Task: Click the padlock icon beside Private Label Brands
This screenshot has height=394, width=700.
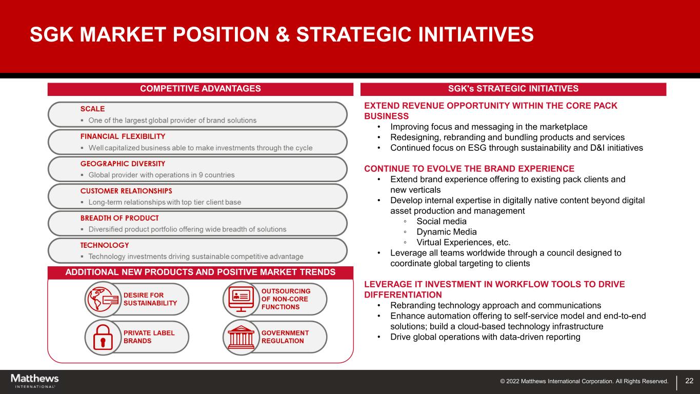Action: click(103, 338)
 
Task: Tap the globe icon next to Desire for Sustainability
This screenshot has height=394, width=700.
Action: click(103, 299)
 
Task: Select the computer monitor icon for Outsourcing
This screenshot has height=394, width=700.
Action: click(241, 299)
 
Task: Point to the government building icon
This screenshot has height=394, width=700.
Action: click(241, 338)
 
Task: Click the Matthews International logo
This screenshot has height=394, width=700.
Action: click(35, 381)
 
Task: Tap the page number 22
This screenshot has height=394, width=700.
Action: click(689, 381)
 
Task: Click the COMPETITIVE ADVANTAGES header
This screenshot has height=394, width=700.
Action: click(201, 89)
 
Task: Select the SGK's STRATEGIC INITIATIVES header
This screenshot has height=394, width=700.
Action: click(513, 89)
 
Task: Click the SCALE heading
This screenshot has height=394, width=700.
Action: click(92, 109)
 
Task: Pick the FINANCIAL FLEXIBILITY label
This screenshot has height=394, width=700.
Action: click(123, 136)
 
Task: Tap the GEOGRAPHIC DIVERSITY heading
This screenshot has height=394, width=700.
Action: click(123, 164)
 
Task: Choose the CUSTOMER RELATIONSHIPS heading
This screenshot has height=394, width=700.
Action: click(126, 191)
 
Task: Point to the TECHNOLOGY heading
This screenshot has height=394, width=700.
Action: click(105, 245)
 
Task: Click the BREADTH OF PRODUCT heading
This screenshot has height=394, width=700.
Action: click(119, 218)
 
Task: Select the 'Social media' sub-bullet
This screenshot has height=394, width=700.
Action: click(441, 222)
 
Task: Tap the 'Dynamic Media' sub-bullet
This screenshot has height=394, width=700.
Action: click(447, 232)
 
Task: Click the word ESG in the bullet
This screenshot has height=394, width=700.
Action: click(477, 148)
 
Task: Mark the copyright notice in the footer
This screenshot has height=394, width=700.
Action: click(584, 381)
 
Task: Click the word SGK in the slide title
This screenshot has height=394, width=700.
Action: click(52, 34)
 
